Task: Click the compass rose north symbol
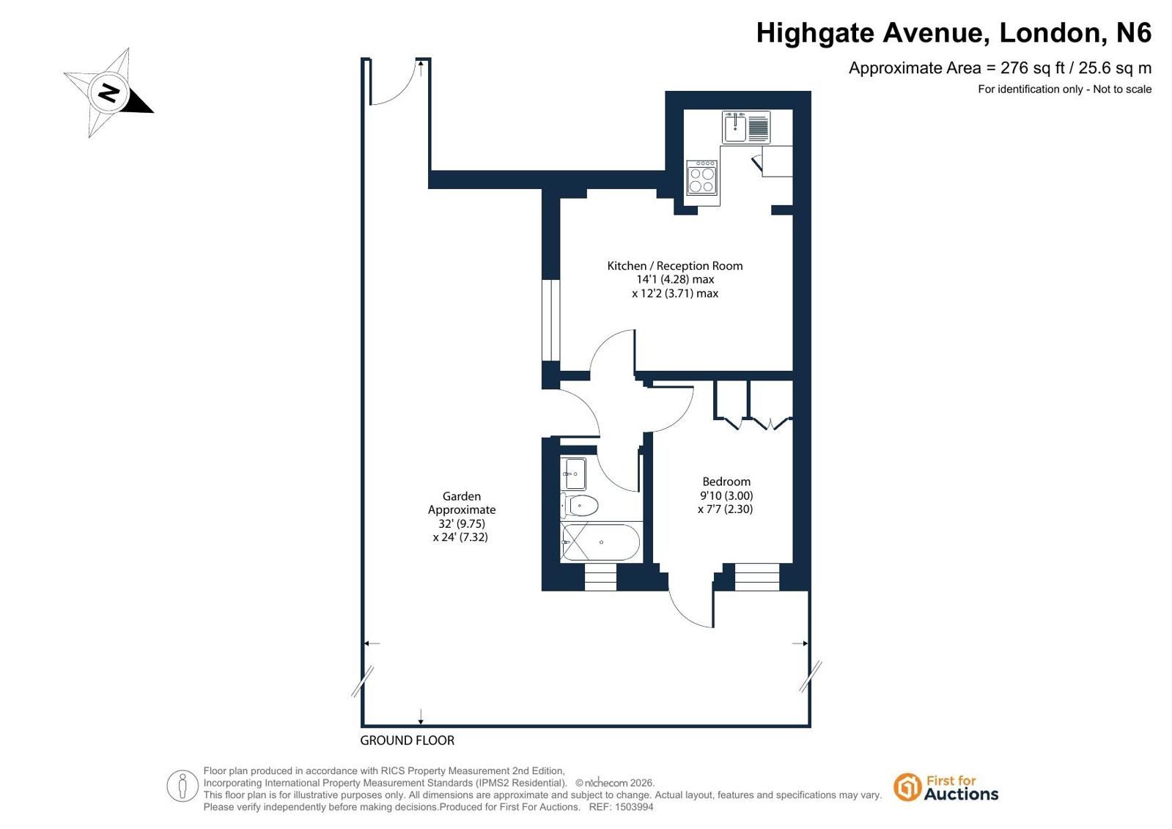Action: point(108,93)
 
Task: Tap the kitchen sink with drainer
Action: point(746,128)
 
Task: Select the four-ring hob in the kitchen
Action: point(701,177)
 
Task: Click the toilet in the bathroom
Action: point(579,505)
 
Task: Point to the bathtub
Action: point(600,542)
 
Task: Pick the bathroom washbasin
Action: point(573,473)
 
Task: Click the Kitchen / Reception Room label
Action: point(675,266)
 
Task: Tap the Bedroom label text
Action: point(726,482)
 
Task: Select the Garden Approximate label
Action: point(462,502)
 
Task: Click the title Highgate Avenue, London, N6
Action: point(954,32)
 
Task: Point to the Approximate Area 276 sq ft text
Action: point(1000,68)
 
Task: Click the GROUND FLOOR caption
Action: point(407,740)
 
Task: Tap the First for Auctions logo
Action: point(946,788)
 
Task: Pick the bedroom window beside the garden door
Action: point(757,578)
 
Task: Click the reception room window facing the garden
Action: point(551,320)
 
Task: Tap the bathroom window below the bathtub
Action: point(600,578)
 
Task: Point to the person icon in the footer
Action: point(182,786)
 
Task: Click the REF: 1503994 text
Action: point(621,807)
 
